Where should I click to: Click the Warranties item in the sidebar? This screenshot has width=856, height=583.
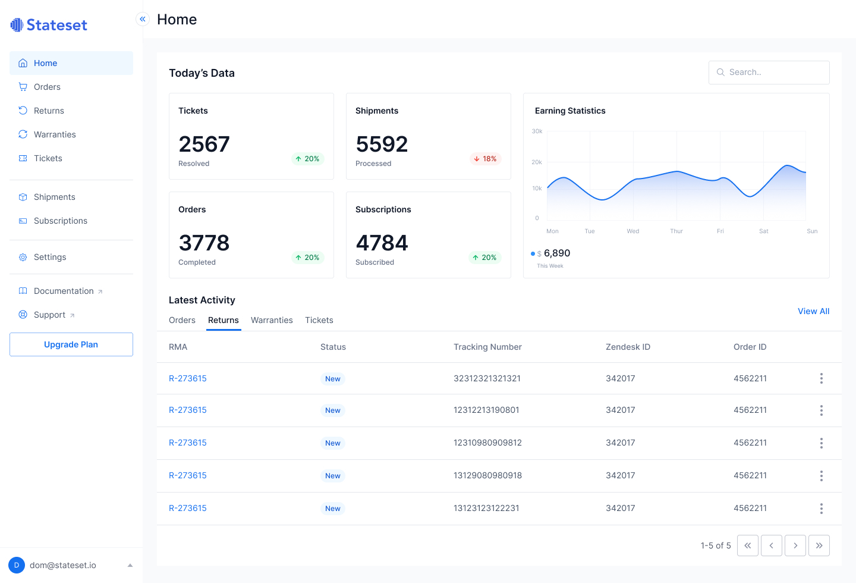point(55,134)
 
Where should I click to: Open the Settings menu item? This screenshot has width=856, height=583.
point(50,257)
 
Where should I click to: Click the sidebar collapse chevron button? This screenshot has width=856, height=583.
point(143,19)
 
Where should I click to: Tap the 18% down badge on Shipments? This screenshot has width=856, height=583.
point(485,159)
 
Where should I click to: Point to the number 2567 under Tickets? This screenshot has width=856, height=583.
point(204,144)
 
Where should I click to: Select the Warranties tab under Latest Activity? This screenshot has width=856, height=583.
point(272,320)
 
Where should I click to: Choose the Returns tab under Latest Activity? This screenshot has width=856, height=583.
point(224,320)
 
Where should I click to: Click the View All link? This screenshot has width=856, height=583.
point(813,311)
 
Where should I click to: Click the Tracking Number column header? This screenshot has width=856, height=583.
point(487,347)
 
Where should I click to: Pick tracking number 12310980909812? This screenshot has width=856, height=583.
point(487,443)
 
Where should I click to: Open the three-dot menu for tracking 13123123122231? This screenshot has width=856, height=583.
point(822,509)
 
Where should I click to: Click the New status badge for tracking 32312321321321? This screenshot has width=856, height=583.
point(333,379)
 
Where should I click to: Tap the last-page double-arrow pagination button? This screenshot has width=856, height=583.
point(819,546)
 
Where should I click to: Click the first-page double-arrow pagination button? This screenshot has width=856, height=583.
point(748,546)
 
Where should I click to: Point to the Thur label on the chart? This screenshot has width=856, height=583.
point(676,231)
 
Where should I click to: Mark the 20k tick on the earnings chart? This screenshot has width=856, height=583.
point(537,162)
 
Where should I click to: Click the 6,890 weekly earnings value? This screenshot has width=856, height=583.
point(557,253)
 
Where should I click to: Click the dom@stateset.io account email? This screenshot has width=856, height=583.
point(63,565)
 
